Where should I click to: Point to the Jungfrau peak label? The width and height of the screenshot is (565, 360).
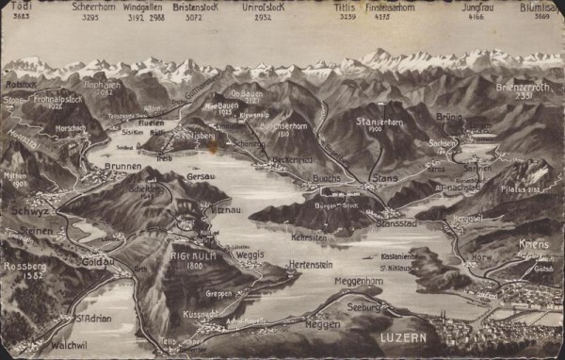tap(479, 7)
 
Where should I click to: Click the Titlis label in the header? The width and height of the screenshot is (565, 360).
tap(346, 7)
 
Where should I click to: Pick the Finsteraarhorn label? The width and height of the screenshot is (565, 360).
tap(390, 7)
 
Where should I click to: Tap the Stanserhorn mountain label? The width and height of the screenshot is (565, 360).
tap(380, 122)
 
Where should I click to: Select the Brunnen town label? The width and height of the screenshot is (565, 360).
tap(124, 165)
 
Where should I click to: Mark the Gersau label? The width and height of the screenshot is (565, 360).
tap(202, 176)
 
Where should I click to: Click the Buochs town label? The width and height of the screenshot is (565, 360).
tap(326, 177)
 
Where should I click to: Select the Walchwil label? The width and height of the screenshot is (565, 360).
tap(42, 345)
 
